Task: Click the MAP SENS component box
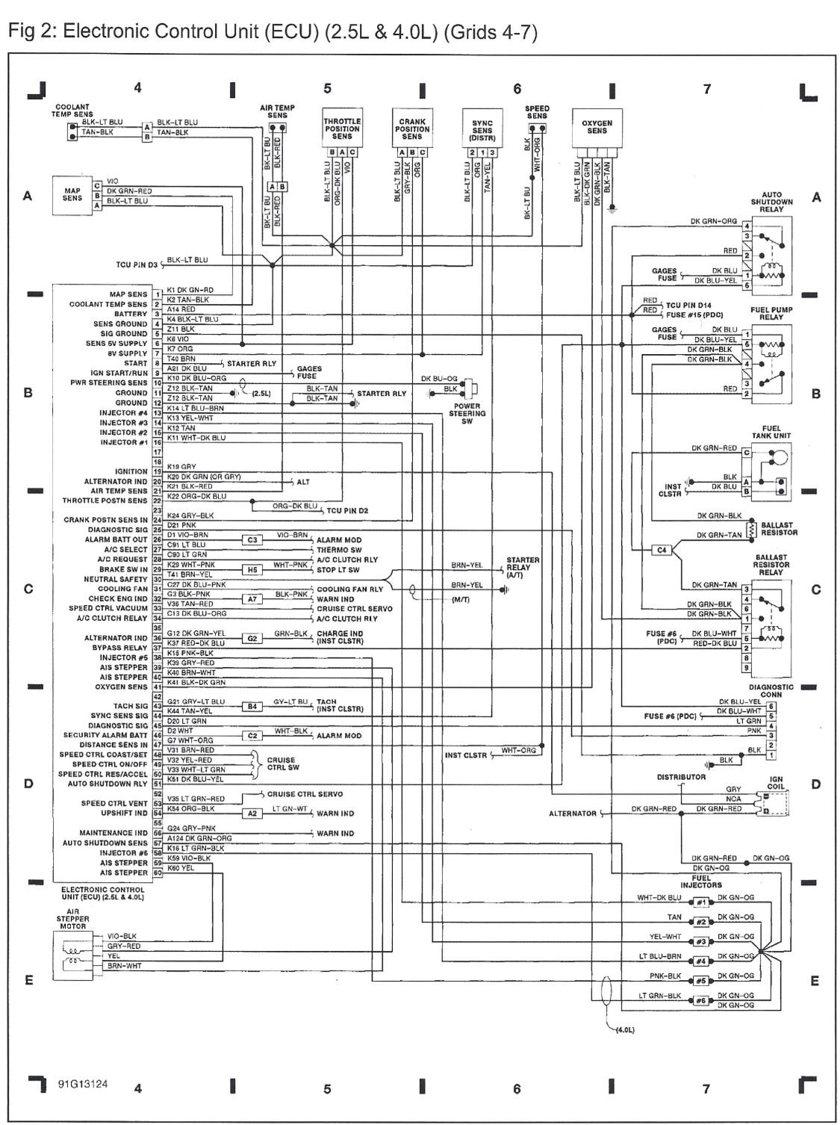click(72, 195)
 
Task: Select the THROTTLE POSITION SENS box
click(342, 128)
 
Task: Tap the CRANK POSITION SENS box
click(411, 128)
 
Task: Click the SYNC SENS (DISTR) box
click(482, 130)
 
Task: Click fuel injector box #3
click(700, 942)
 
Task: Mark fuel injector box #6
click(700, 1000)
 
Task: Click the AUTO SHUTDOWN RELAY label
click(772, 202)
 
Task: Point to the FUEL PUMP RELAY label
click(772, 313)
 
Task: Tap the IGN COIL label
click(777, 783)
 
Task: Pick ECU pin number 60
click(158, 873)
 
